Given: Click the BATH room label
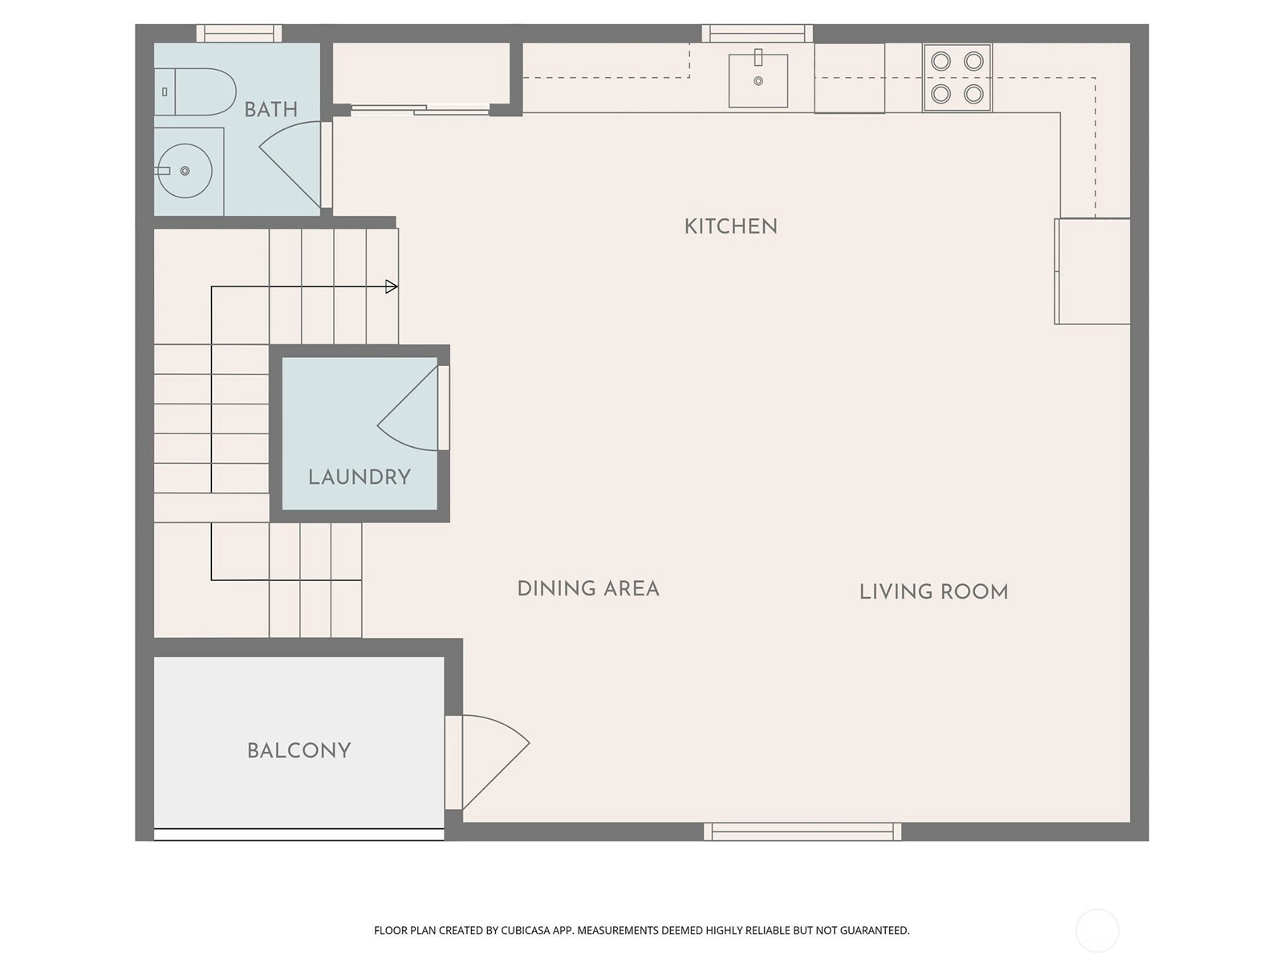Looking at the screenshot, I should (270, 110).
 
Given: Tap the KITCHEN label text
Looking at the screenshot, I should (730, 227).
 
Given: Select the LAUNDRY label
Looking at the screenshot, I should (359, 477).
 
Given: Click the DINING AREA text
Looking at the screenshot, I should (588, 589).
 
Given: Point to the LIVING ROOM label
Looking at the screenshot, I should (933, 592).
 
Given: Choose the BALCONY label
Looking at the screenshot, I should (299, 751).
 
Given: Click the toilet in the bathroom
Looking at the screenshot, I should (197, 91).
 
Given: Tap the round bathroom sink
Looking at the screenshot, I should (185, 171).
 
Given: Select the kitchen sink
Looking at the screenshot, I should (758, 80).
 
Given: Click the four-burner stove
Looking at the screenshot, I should (957, 78).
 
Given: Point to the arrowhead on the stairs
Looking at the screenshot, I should (392, 286).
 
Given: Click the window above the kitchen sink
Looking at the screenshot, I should (758, 34).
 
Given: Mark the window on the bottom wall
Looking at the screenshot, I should (802, 831).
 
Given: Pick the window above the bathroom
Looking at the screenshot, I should (239, 34).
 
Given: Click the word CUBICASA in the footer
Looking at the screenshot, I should (524, 931).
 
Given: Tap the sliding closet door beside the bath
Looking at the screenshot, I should (420, 110).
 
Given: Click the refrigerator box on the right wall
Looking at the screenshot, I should (1092, 271).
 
